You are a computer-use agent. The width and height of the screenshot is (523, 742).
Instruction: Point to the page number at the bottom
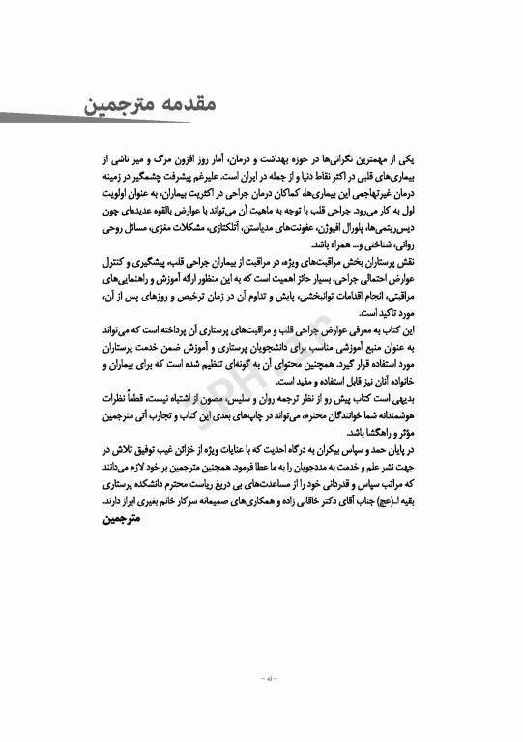(x=261, y=679)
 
